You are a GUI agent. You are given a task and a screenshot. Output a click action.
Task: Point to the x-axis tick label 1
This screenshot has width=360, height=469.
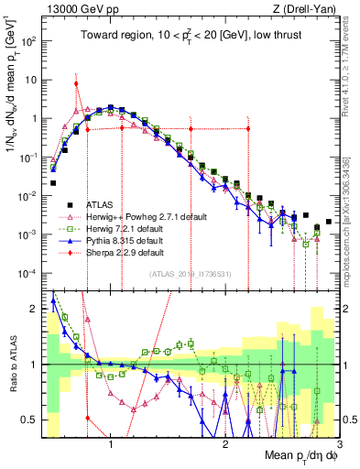pos(111,445)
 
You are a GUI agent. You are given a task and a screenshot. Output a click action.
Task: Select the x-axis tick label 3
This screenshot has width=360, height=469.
pos(339,445)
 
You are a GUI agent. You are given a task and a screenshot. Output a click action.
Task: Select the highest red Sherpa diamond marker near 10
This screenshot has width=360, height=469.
pos(76,83)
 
